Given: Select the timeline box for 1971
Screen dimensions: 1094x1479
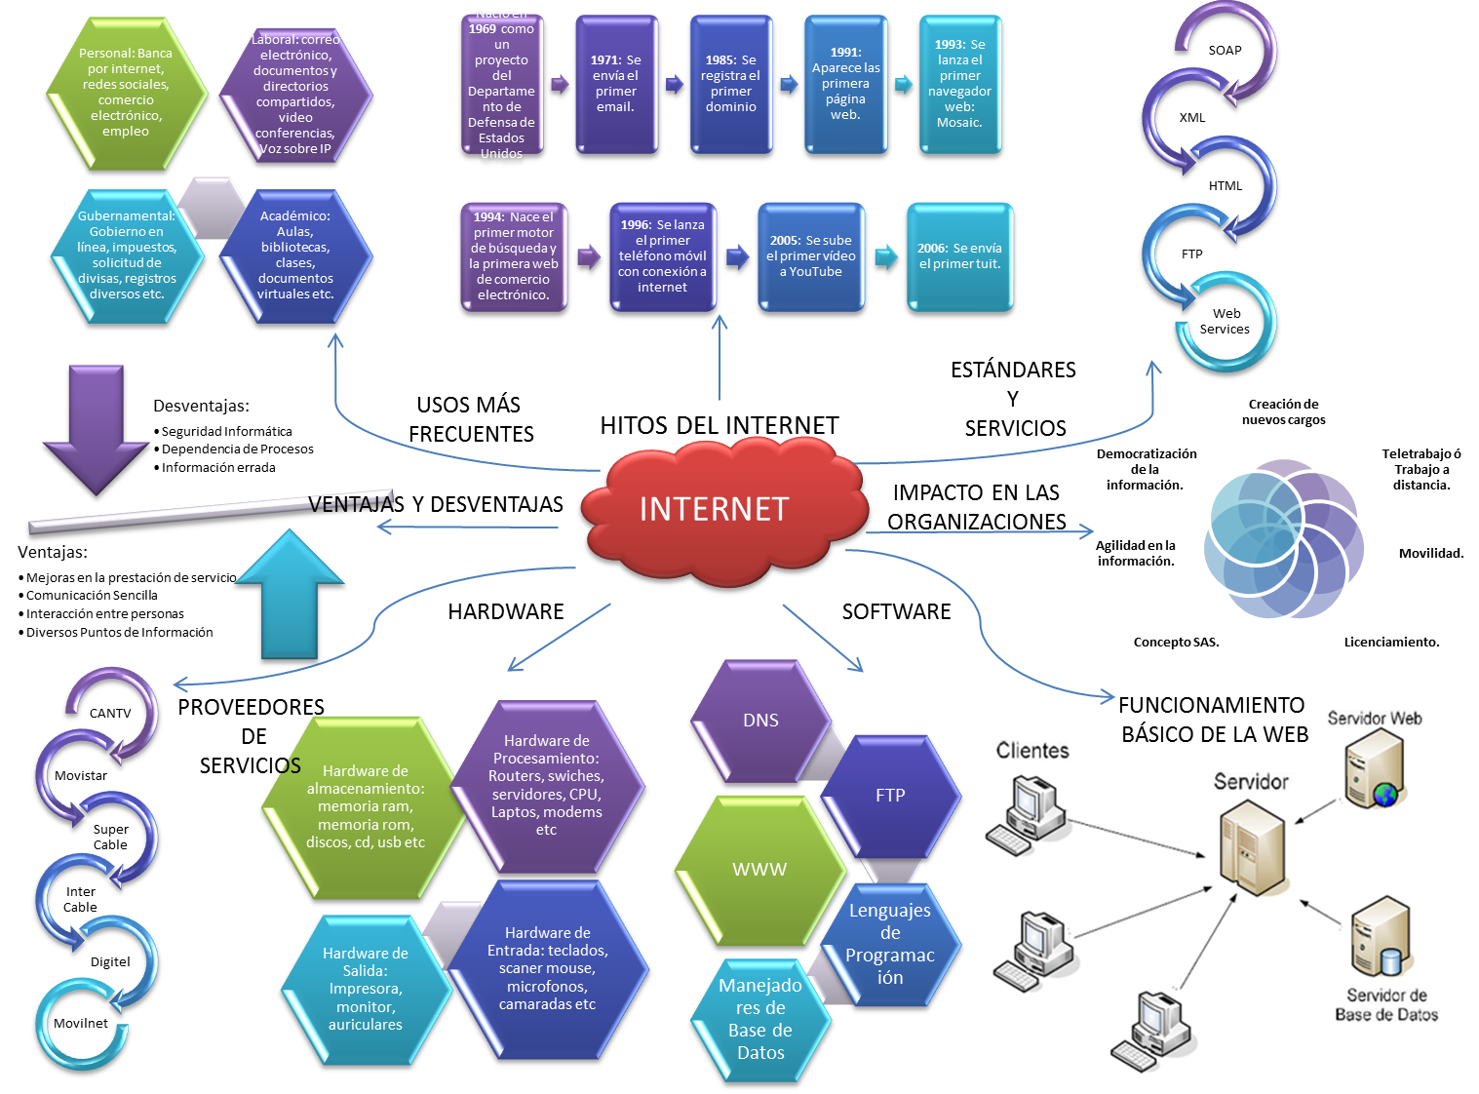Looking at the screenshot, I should click(615, 84).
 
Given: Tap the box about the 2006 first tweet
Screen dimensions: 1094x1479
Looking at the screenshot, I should click(959, 256).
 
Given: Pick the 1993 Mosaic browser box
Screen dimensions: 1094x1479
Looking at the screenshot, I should click(959, 84).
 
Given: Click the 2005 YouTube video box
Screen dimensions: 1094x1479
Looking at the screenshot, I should click(810, 256).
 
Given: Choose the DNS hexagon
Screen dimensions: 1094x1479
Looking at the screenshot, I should click(759, 721).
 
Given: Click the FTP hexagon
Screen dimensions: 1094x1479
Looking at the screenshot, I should click(890, 796).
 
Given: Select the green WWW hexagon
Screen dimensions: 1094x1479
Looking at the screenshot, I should click(759, 870).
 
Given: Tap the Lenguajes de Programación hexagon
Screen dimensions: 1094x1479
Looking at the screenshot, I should click(890, 943).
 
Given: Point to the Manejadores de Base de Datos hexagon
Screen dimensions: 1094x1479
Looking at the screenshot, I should click(760, 1019).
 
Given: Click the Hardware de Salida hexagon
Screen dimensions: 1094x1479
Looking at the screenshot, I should click(366, 989).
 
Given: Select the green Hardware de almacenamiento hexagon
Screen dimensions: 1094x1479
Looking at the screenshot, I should click(361, 806).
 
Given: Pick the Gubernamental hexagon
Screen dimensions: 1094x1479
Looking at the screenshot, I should click(127, 255).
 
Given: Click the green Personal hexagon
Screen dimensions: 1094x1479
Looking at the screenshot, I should click(126, 93).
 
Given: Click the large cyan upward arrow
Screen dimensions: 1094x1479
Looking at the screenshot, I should click(290, 595).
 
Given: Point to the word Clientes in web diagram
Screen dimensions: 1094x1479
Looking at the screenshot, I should click(1031, 751).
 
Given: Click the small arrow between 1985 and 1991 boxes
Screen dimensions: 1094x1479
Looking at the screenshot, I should click(789, 84).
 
